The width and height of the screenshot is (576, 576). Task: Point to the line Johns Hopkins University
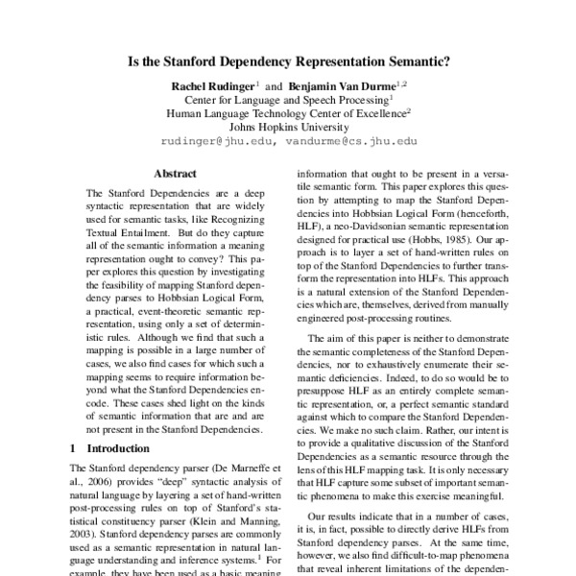pos(287,126)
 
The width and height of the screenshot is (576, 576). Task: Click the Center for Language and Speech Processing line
pos(287,100)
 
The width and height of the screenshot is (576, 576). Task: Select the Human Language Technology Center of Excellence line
pos(287,112)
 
